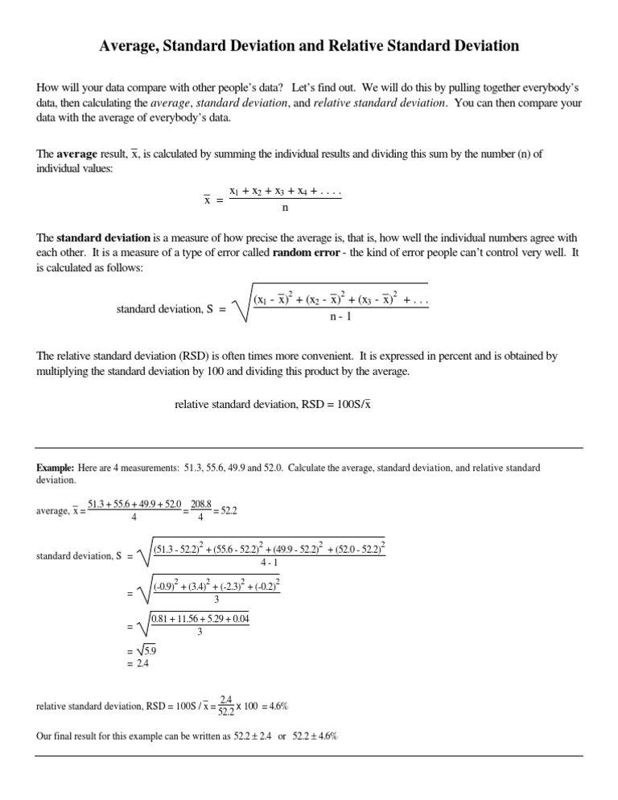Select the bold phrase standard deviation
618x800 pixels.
[104, 237]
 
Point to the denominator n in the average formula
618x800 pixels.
[285, 207]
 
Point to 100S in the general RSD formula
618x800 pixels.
[340, 404]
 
